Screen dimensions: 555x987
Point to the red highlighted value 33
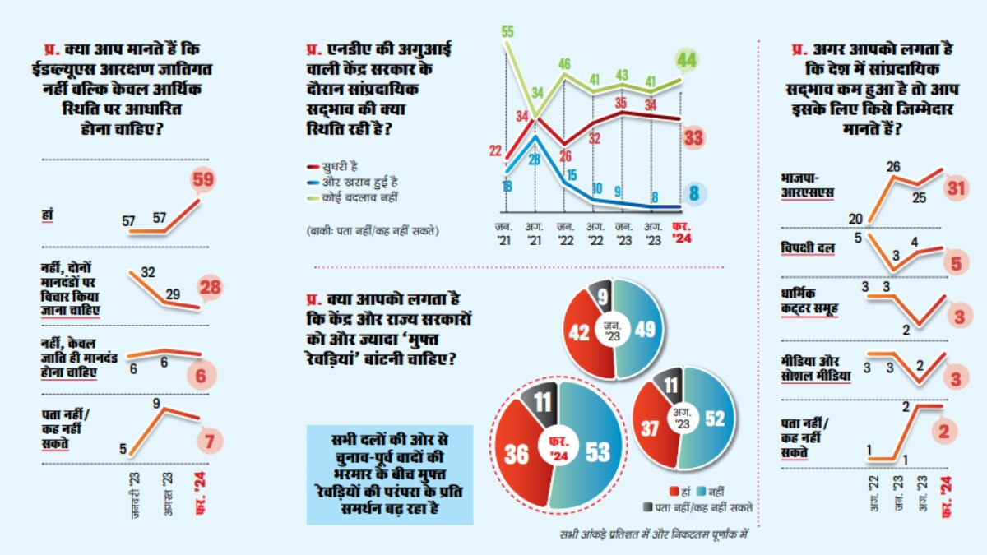[694, 138]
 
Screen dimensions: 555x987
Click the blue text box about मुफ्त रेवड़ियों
[390, 474]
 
